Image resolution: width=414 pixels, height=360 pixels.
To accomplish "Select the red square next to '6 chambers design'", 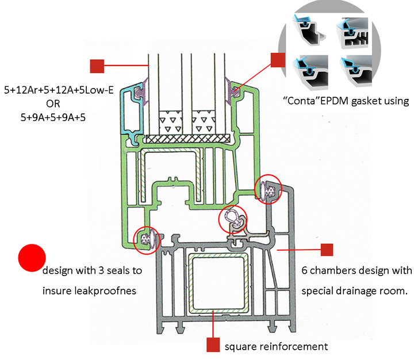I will (327, 250).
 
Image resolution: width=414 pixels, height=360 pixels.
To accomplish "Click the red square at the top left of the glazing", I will (97, 66).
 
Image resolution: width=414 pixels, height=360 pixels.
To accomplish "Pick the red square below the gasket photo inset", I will (278, 60).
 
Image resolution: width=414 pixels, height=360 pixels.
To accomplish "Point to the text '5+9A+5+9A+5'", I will (49, 117).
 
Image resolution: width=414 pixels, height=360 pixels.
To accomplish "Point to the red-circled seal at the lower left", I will (145, 240).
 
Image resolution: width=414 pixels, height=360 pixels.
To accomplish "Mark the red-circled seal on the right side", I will (268, 189).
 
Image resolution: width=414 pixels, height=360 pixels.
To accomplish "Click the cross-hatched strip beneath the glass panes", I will (189, 139).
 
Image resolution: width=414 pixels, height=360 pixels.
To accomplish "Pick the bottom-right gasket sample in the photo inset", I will (356, 69).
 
